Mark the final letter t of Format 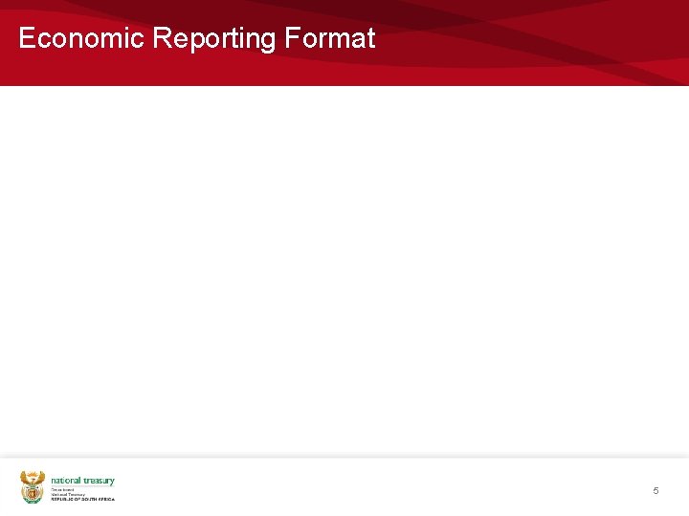click(370, 38)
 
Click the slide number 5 click(656, 490)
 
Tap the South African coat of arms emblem click(33, 486)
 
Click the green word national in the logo click(65, 481)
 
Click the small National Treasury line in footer click(67, 494)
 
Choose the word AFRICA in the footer click(106, 499)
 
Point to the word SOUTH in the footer click(88, 499)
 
